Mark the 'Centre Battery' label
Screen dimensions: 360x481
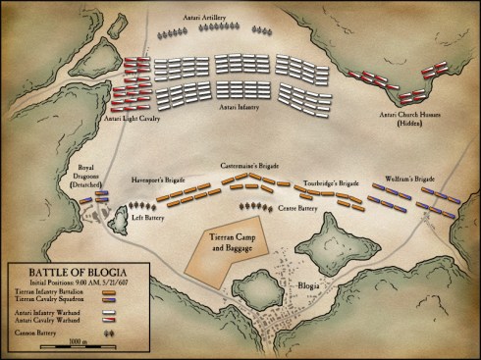pyautogui.click(x=298, y=207)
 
